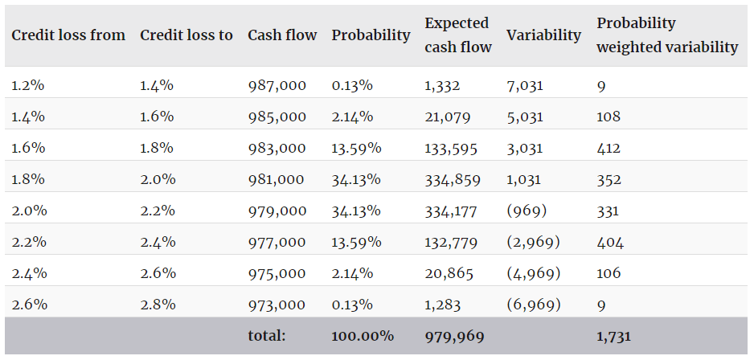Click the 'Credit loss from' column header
[68, 35]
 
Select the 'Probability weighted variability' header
[667, 35]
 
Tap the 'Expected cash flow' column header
[458, 35]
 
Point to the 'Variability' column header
[543, 35]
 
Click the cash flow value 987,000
[277, 85]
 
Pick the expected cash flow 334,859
[452, 179]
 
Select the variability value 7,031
[525, 85]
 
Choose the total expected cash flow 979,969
[454, 336]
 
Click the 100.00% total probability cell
[363, 336]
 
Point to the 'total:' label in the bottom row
[267, 336]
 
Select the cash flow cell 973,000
[277, 305]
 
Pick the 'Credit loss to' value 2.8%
[157, 305]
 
